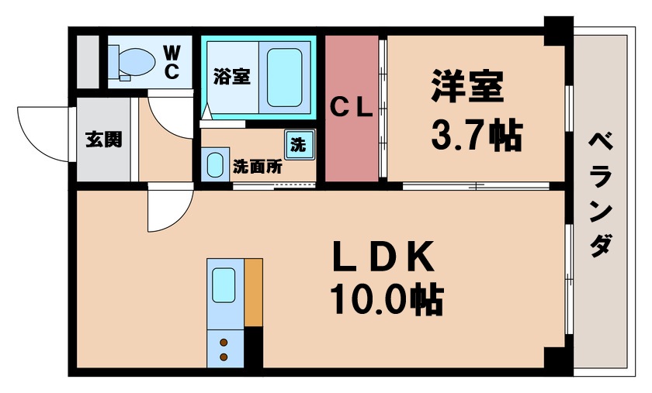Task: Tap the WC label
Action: coord(172,63)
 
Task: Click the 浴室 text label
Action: coord(231,76)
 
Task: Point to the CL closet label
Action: coord(353,109)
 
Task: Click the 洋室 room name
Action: coord(467,87)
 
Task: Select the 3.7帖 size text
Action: coord(476,136)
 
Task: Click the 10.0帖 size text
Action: coord(387,301)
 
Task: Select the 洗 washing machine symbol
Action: coord(297,143)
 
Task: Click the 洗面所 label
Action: coord(257,165)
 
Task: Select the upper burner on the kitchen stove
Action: coord(224,342)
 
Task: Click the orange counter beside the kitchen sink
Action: coord(254,294)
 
